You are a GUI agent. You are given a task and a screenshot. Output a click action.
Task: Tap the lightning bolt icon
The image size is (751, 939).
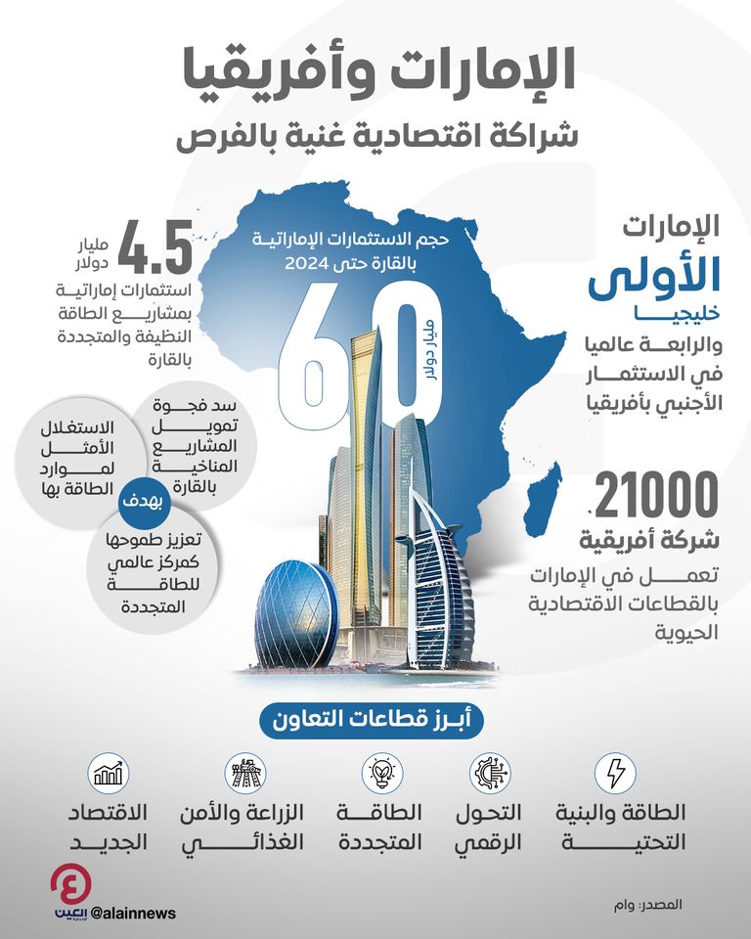[x=616, y=774]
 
